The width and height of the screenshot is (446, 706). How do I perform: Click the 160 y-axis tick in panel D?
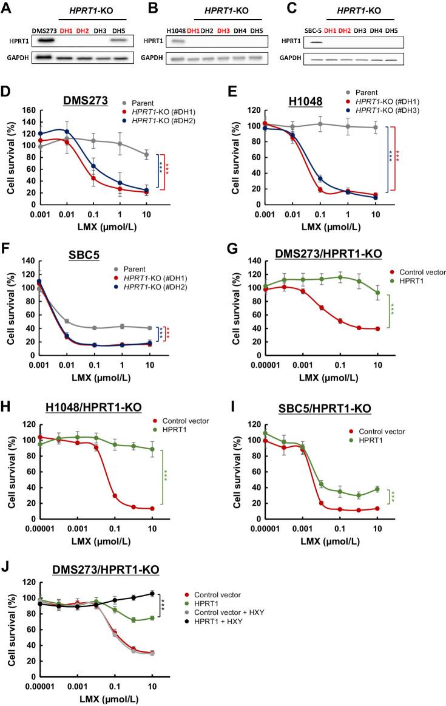coord(27,111)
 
